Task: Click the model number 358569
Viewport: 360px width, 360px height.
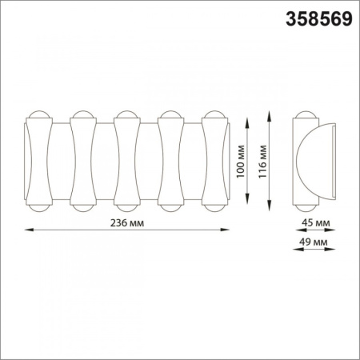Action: (319, 19)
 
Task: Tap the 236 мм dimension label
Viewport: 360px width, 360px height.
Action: (127, 222)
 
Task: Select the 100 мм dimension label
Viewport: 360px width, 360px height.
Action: (240, 162)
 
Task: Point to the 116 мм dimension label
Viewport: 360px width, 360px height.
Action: (262, 162)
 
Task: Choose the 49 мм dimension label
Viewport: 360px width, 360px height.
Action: (314, 242)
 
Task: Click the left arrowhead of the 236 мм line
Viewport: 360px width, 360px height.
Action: (30, 230)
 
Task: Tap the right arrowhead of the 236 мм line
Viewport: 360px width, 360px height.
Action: (225, 230)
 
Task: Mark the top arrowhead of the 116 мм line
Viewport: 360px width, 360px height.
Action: (270, 116)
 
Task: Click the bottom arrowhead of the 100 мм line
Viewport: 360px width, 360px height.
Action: (247, 200)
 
